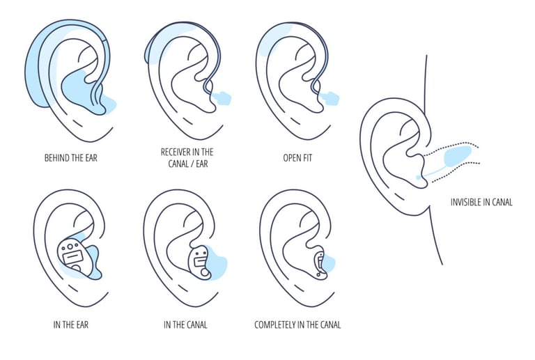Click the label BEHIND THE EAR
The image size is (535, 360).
pos(70,158)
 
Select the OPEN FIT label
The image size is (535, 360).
pos(297,158)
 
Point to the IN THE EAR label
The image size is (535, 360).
pos(70,324)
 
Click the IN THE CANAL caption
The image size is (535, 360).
pos(185,324)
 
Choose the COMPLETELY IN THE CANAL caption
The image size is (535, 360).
pos(297,324)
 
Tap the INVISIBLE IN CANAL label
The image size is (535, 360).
pos(481,203)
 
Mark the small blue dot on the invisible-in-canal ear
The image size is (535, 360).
pos(418,178)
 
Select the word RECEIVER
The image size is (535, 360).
pos(176,152)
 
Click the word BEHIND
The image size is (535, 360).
pos(56,158)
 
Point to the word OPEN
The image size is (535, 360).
pos(291,158)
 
